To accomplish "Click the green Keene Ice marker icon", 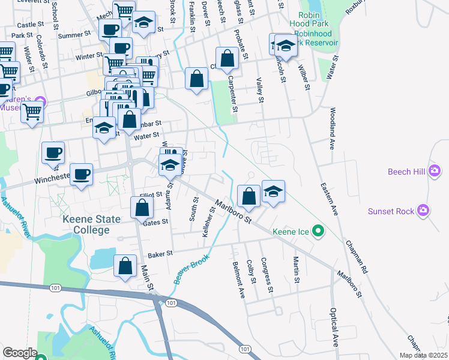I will [x=319, y=230].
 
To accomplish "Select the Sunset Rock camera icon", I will [x=424, y=210].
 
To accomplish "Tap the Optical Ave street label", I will [x=333, y=327].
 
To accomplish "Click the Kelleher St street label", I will [x=211, y=221].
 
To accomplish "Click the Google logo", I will [x=20, y=353].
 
